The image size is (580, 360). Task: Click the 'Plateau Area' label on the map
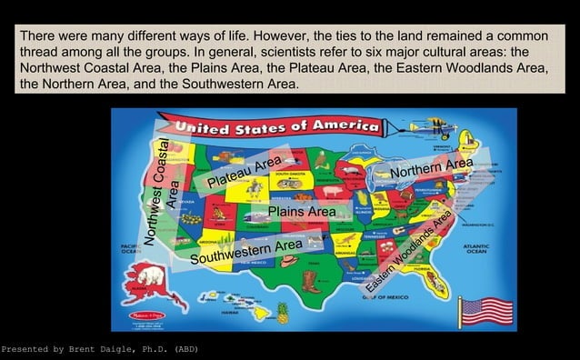pos(244,174)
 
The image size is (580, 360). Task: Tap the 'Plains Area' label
pos(302,211)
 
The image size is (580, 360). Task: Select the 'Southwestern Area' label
pos(246,249)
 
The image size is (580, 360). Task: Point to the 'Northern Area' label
pos(432,168)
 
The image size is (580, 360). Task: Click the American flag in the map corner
pos(487,311)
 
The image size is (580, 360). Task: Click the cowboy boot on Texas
pos(309,279)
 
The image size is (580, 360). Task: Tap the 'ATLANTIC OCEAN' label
pos(475,248)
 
